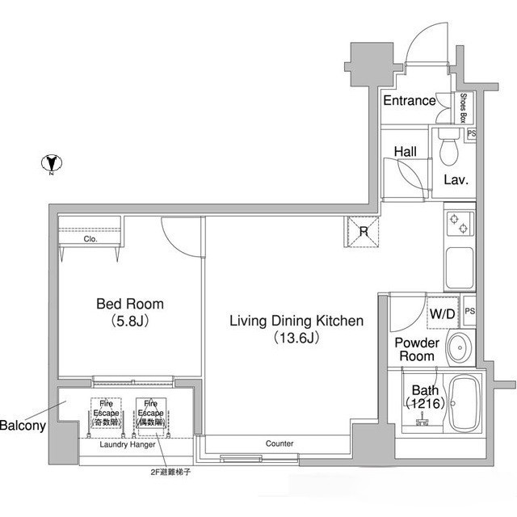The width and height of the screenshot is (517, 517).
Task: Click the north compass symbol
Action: click(x=50, y=163)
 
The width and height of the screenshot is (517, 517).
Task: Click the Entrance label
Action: click(x=409, y=101)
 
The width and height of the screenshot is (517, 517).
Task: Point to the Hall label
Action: click(x=405, y=151)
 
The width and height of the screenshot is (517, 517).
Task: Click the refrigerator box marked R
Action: click(x=363, y=233)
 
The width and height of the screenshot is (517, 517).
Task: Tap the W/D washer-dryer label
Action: click(x=441, y=313)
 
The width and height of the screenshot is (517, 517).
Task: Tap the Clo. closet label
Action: click(x=90, y=239)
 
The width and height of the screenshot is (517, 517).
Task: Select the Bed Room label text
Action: click(x=130, y=305)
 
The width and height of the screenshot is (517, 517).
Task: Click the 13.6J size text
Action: click(x=296, y=338)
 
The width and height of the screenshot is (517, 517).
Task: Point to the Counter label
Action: click(x=280, y=444)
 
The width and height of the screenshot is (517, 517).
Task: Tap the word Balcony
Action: click(x=22, y=425)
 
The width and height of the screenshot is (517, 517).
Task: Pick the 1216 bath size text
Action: click(x=424, y=402)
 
